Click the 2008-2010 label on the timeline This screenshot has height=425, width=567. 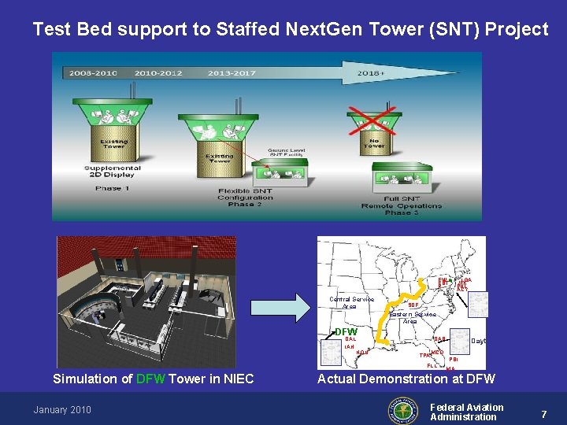pyautogui.click(x=93, y=73)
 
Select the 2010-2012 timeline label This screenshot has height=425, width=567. pyautogui.click(x=158, y=73)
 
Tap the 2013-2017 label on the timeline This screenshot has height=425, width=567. pyautogui.click(x=232, y=73)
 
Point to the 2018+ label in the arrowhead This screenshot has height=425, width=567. pyautogui.click(x=372, y=73)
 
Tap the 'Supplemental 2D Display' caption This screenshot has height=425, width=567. pyautogui.click(x=113, y=172)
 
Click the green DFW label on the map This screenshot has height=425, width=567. pyautogui.click(x=346, y=331)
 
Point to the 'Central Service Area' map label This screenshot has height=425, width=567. pyautogui.click(x=351, y=302)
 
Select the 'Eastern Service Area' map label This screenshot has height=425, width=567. pyautogui.click(x=412, y=317)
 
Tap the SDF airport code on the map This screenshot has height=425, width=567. pyautogui.click(x=413, y=305)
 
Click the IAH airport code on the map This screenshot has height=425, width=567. pyautogui.click(x=349, y=346)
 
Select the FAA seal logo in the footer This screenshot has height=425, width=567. pyautogui.click(x=404, y=410)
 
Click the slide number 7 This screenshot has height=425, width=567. pyautogui.click(x=543, y=413)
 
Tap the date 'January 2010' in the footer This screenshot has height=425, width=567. pyautogui.click(x=62, y=409)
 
